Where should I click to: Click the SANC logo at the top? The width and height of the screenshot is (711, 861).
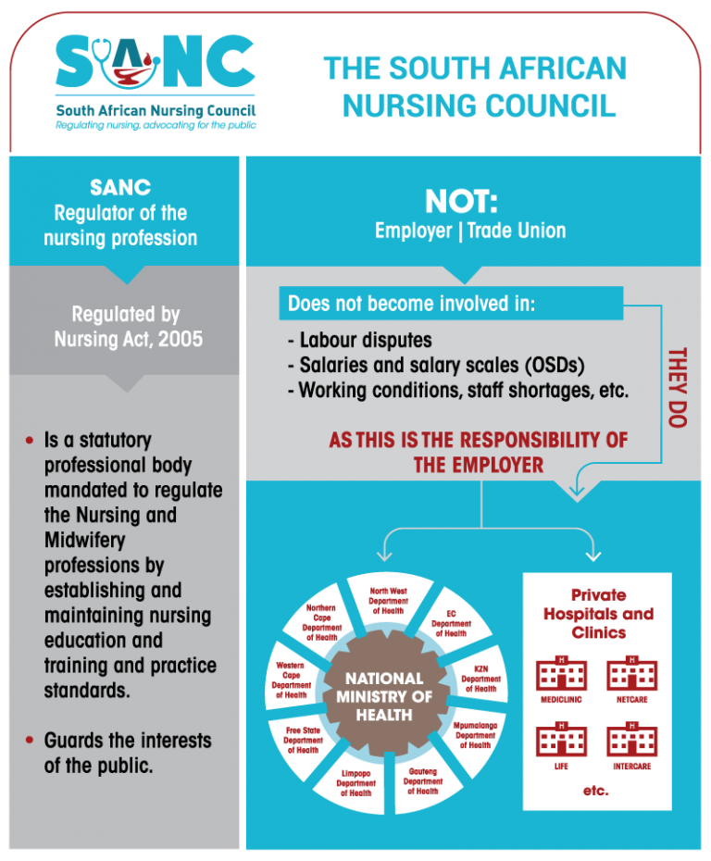click(x=156, y=79)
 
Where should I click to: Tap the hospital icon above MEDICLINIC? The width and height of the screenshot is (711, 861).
click(x=561, y=673)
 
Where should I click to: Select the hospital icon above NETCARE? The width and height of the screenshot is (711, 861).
click(x=631, y=673)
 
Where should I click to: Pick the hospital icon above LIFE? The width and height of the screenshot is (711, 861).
click(x=561, y=740)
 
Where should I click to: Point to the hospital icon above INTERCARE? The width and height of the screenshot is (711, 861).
click(x=631, y=740)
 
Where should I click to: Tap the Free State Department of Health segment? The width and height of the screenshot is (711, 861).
click(x=304, y=740)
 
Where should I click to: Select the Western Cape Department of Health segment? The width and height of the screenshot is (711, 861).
click(x=291, y=680)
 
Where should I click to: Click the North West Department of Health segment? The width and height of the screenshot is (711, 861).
click(x=388, y=600)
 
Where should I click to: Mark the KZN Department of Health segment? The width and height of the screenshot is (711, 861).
click(x=480, y=678)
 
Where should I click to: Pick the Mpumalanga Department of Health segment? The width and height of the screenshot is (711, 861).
click(x=474, y=734)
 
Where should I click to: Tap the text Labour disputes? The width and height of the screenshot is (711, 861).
click(x=359, y=340)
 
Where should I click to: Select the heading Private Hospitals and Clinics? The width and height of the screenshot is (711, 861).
click(x=597, y=613)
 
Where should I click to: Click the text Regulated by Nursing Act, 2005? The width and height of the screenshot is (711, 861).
click(x=126, y=327)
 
